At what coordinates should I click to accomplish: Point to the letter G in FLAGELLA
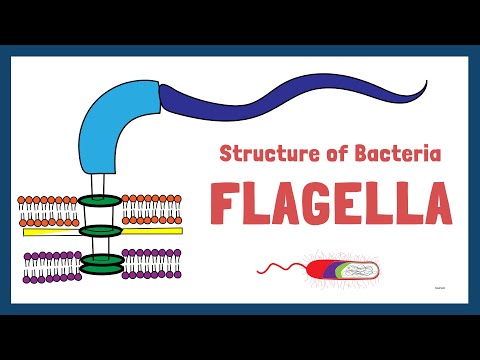point(323,205)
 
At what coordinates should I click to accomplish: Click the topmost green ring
point(99,200)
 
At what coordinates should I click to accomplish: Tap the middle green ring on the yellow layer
point(99,232)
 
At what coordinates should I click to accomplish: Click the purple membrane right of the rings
point(150,266)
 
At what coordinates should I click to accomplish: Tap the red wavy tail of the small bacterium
point(280,268)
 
